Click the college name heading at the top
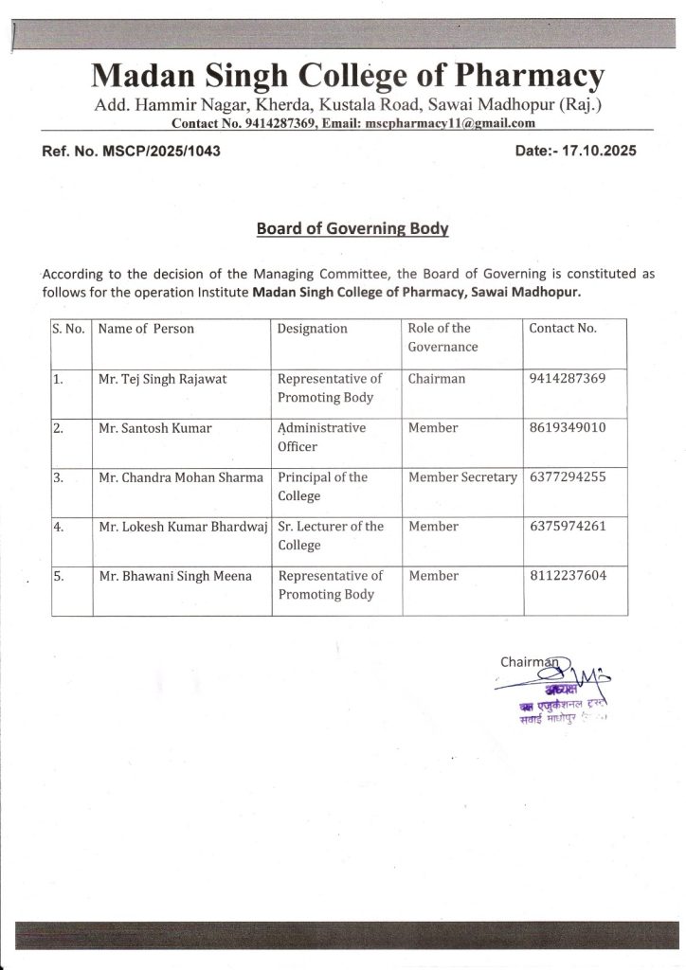[x=348, y=75]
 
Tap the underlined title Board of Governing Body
[x=352, y=228]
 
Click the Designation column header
[x=313, y=329]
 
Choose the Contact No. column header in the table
[x=563, y=329]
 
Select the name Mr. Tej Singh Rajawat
[x=162, y=379]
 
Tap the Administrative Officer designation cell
[x=321, y=437]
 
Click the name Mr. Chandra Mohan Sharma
[x=180, y=476]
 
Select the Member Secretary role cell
[x=462, y=476]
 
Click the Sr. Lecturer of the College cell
[x=331, y=535]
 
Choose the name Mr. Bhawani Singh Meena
[x=175, y=575]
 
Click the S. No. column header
[x=68, y=329]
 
